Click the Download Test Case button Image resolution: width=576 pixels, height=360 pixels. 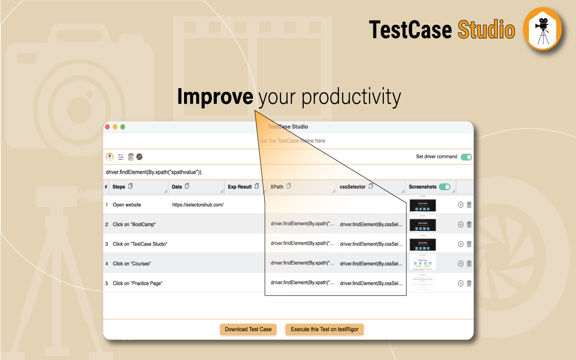coord(248,329)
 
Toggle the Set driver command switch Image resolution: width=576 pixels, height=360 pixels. coord(467,157)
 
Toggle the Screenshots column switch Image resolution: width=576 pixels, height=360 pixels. coord(445,187)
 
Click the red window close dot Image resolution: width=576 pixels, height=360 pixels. coord(108,127)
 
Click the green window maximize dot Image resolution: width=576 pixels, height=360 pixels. coord(122,127)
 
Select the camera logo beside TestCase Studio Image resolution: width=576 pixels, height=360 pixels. coord(543,29)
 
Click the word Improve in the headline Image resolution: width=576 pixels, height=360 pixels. coord(215,97)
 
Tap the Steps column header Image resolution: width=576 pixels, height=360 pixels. coord(119,187)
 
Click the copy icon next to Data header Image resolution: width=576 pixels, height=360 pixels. coord(187,186)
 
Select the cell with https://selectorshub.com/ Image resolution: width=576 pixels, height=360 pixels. coord(198,205)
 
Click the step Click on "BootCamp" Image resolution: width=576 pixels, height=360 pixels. coord(134,224)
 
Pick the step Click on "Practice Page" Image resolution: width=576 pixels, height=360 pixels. coord(137,283)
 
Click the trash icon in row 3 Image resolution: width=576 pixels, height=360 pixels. coord(469,244)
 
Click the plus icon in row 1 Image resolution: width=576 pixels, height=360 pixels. coord(460,205)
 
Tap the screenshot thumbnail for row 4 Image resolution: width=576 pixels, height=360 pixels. coord(423,262)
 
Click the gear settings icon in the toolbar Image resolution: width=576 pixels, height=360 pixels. coord(139,157)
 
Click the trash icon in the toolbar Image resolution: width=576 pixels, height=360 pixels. coord(131,157)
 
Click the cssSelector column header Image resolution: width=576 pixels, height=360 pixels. coord(352,187)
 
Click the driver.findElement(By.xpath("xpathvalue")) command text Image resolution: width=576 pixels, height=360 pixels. coord(153,172)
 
